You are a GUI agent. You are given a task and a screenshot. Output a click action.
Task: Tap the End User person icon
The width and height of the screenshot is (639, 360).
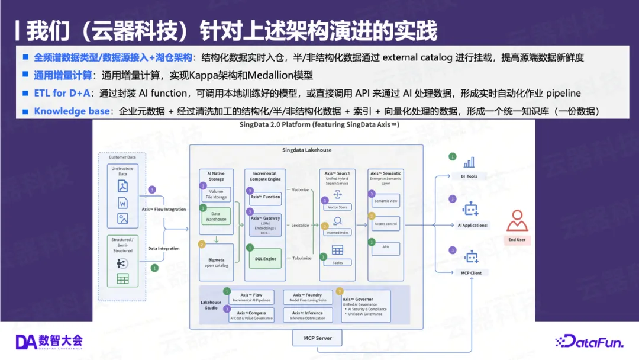pyautogui.click(x=517, y=221)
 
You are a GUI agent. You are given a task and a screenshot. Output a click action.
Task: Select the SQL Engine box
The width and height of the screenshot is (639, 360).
pyautogui.click(x=265, y=259)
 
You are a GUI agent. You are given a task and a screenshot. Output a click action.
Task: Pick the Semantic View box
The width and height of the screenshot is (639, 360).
pyautogui.click(x=386, y=201)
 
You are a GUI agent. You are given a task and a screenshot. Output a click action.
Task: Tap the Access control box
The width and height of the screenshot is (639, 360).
pyautogui.click(x=386, y=224)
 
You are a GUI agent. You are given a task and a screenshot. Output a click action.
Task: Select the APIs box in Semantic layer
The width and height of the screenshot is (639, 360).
pyautogui.click(x=386, y=247)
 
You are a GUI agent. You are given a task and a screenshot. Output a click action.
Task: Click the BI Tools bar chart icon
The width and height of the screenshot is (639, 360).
pyautogui.click(x=469, y=162)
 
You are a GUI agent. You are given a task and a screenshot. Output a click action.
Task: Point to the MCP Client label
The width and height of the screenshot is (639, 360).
pyautogui.click(x=472, y=272)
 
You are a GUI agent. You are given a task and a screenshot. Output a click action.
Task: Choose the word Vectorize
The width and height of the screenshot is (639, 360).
pyautogui.click(x=301, y=189)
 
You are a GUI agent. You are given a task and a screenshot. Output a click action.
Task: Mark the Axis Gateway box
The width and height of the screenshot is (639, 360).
pyautogui.click(x=265, y=225)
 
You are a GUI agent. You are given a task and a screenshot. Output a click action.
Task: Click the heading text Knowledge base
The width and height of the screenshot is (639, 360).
pyautogui.click(x=72, y=111)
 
